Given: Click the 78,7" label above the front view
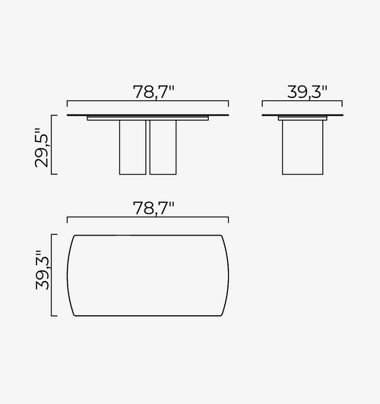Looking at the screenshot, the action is tap(154, 92).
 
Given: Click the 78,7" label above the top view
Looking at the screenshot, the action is tap(154, 208).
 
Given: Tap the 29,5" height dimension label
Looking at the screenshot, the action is tap(42, 147).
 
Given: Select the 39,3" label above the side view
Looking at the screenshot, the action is tap(307, 92).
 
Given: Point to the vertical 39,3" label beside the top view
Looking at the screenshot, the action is tap(42, 270).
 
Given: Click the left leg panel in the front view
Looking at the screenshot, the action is tap(132, 147).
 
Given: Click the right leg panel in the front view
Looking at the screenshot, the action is tap(163, 147).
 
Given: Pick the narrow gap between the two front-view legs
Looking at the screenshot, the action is tap(147, 147).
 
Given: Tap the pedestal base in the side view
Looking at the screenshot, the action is tap(302, 147).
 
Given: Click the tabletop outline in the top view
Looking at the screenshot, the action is tap(147, 235).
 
